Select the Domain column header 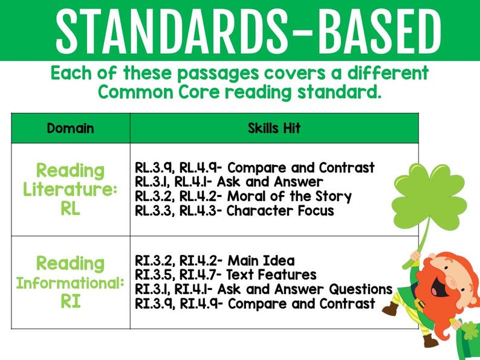(x=70, y=128)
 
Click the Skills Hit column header (x=274, y=128)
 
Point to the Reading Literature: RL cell (x=70, y=189)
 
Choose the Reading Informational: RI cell (x=70, y=282)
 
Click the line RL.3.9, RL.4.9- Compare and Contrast (x=255, y=167)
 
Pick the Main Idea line (x=215, y=260)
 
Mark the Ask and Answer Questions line (x=264, y=289)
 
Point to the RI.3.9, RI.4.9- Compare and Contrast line (x=255, y=304)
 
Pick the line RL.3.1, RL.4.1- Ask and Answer (x=229, y=182)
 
